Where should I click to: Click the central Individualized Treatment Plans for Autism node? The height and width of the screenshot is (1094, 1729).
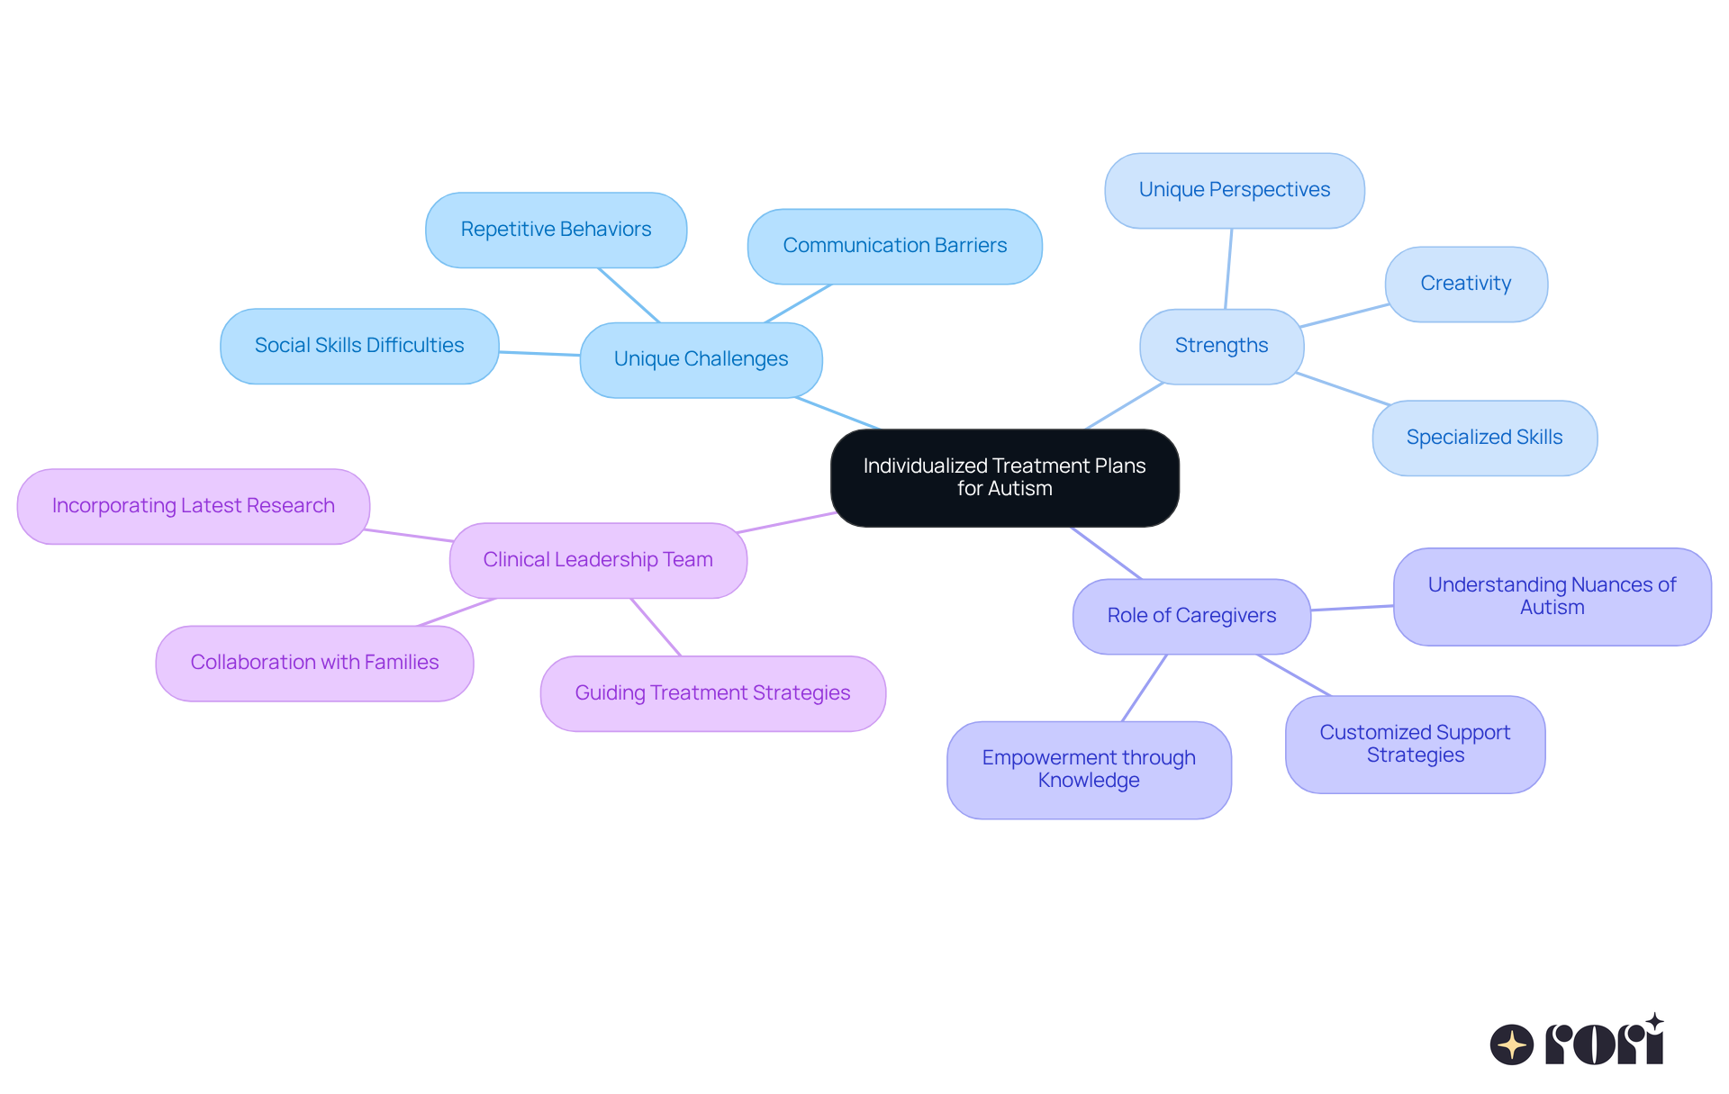click(1004, 477)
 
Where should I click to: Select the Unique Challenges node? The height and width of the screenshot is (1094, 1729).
click(701, 359)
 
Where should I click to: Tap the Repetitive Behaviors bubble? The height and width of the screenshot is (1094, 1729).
click(556, 230)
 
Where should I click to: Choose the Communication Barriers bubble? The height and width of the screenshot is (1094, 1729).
click(894, 246)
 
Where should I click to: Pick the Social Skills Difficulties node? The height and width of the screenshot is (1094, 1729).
click(358, 346)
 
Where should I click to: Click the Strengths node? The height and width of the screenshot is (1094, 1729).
click(1221, 346)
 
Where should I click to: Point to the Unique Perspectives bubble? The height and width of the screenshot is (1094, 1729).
click(1234, 190)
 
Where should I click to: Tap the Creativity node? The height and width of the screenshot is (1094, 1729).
click(1465, 284)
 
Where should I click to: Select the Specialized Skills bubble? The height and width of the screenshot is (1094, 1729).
click(1484, 438)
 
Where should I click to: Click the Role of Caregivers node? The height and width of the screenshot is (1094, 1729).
click(1190, 616)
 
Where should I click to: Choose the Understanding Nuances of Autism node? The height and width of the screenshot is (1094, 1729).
click(1552, 596)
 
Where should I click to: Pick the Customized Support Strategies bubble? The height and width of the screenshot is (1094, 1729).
click(1415, 744)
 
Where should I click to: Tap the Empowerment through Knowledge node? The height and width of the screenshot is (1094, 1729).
click(1089, 769)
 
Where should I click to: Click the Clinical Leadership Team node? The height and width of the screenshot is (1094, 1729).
click(598, 560)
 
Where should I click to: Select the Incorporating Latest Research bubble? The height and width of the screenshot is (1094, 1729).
click(193, 506)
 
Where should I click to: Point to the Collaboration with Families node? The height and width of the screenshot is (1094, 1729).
click(314, 663)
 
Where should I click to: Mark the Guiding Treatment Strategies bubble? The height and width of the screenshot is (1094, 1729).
click(712, 693)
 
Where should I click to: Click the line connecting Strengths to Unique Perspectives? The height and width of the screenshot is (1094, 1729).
click(1228, 268)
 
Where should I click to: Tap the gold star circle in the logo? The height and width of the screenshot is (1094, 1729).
click(1511, 1044)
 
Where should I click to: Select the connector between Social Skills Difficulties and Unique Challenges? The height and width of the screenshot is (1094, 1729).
click(539, 353)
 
